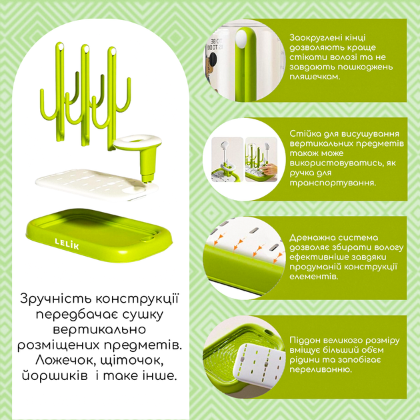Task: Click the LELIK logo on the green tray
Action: pos(67,243)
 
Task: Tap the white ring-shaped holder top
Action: pos(137,141)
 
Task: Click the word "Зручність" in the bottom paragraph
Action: pos(56,299)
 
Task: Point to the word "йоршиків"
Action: pos(55,376)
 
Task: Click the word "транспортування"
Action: pos(333,183)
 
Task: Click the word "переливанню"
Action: pos(325,370)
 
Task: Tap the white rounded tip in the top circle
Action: pos(242,39)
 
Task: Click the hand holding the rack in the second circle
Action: pos(269,169)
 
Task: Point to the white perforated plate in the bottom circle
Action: pos(261,367)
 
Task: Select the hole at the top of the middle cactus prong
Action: pos(86,49)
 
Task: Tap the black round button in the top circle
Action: pos(213,59)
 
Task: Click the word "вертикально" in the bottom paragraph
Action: pos(99,330)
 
